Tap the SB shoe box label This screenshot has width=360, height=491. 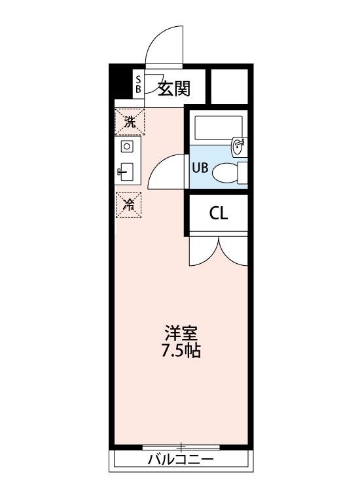click(x=138, y=84)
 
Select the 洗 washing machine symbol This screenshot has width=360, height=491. click(x=130, y=121)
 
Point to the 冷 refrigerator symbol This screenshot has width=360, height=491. click(x=130, y=204)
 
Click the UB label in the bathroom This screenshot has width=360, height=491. click(x=200, y=167)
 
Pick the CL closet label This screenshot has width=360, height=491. click(x=219, y=214)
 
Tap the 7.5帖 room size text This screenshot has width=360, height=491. click(x=181, y=351)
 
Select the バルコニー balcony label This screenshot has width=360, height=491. click(x=180, y=460)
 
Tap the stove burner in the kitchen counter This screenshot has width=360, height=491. click(x=128, y=147)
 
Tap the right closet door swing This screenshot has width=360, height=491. click(x=233, y=251)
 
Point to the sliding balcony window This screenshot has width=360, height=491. click(x=181, y=447)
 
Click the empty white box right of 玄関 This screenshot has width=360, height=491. click(x=229, y=85)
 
